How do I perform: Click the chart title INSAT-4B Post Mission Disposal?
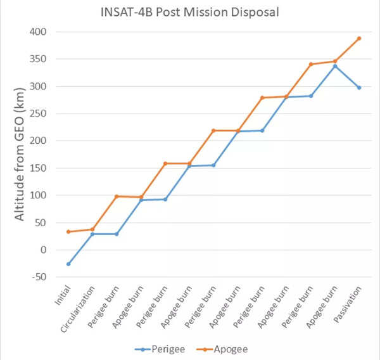[x=191, y=11]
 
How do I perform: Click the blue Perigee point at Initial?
[x=68, y=264]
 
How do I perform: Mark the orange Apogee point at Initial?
[x=68, y=231]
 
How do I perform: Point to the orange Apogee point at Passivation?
[x=359, y=38]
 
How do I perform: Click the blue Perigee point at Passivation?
[x=359, y=87]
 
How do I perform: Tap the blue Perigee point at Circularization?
[x=92, y=234]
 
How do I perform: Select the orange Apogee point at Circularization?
[x=92, y=229]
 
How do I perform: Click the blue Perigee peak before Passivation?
[x=335, y=66]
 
